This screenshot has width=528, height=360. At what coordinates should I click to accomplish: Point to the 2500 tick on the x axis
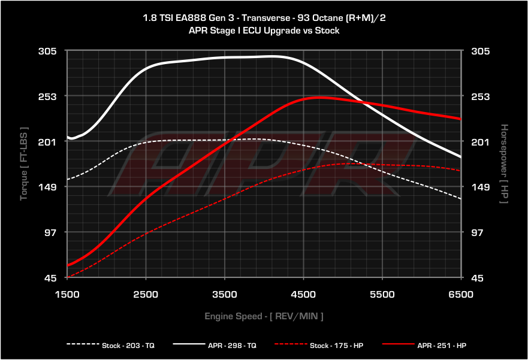point(146,294)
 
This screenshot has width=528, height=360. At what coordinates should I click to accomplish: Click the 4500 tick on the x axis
point(303,294)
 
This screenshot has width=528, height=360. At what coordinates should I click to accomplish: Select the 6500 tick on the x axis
point(461,294)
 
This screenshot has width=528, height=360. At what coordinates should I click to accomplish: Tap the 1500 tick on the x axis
point(67,294)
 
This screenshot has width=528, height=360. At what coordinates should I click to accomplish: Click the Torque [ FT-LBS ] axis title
point(24,164)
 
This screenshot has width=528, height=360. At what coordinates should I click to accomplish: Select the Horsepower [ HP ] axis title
point(504,164)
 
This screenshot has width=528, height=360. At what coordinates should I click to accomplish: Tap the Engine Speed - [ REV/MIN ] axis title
point(264,316)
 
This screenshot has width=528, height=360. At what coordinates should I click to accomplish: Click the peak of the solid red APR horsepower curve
point(318,97)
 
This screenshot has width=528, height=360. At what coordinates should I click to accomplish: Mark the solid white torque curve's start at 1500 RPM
point(68,137)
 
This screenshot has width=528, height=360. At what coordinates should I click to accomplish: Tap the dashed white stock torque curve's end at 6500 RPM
point(460,198)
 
